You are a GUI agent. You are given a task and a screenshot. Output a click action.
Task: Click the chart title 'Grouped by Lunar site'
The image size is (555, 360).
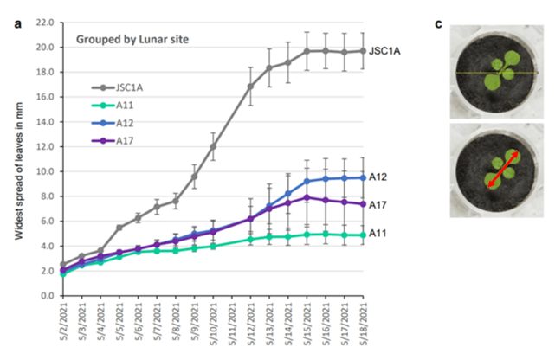point(132,39)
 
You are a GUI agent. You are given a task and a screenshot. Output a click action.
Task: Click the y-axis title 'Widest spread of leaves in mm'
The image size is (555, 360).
point(16,159)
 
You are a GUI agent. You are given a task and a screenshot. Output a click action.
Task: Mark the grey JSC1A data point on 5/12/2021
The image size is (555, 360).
point(250,87)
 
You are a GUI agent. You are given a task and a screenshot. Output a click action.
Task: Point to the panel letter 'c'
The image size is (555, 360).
point(438,23)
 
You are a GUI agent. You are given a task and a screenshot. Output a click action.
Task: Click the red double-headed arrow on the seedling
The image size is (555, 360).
point(502,170)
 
